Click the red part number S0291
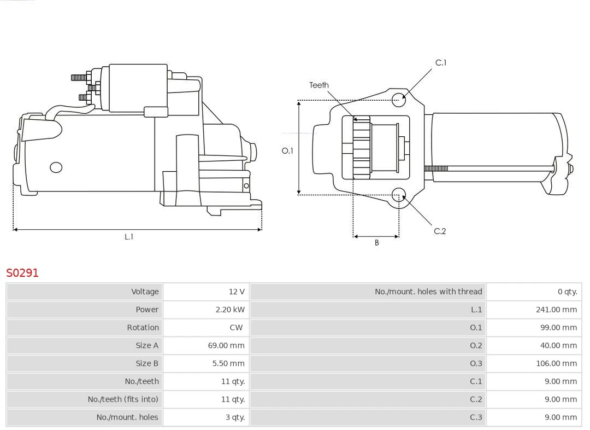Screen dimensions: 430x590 click(x=22, y=272)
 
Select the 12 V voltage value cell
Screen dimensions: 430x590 click(x=236, y=292)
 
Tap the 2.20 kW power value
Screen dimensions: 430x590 click(x=229, y=310)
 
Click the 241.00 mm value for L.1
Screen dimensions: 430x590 click(x=556, y=310)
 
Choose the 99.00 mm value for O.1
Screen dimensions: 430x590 click(x=558, y=328)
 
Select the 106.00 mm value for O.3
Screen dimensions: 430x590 click(x=556, y=363)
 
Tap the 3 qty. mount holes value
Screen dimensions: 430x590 click(x=235, y=417)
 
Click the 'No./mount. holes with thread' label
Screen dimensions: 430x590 click(x=428, y=292)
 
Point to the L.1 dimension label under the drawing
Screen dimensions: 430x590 click(x=128, y=237)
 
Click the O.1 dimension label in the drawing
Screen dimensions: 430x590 click(x=287, y=150)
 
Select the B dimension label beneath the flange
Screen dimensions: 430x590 click(x=376, y=242)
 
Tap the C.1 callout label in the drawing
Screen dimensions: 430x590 click(x=440, y=63)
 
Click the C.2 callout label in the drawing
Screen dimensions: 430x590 click(x=440, y=231)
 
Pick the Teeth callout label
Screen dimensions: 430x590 click(x=319, y=85)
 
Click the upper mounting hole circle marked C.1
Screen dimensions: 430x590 click(x=399, y=98)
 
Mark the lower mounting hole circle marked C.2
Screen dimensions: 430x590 click(x=399, y=195)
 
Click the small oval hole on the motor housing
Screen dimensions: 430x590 click(x=56, y=167)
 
